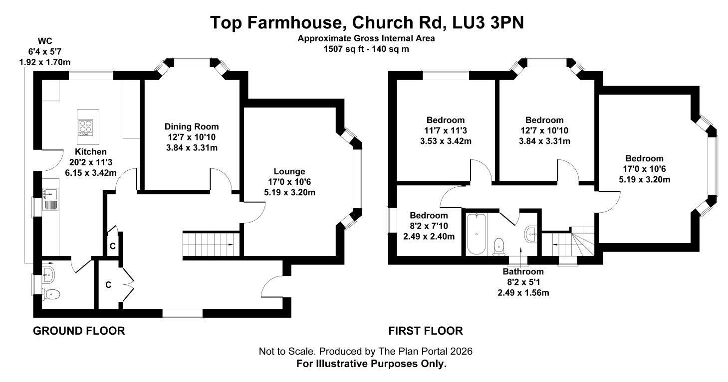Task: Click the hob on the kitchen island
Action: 86,127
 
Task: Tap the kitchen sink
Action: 50,199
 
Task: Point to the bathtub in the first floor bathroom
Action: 477,234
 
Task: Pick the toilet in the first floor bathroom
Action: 498,247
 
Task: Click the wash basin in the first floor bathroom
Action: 531,234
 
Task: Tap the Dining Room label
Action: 192,127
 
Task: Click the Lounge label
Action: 289,171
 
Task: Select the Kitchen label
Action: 91,152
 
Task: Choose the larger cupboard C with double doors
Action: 109,285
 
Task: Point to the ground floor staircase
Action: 211,244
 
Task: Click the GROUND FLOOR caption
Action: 79,331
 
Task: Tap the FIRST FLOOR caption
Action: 426,331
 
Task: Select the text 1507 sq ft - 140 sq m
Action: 366,49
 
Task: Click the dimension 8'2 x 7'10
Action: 429,226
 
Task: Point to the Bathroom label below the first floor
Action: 523,271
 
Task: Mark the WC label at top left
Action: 45,41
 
